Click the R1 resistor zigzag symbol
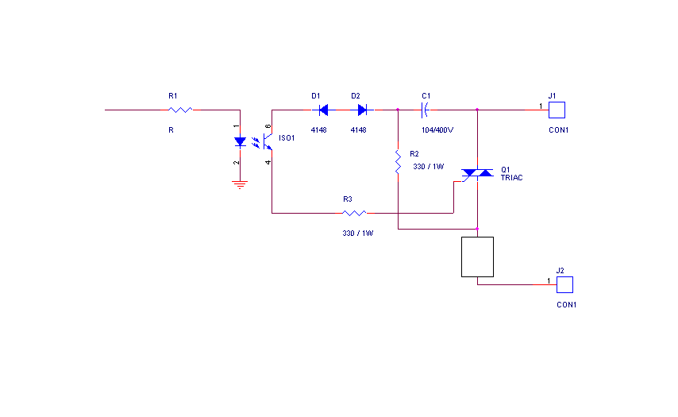[x=180, y=110]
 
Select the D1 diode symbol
[x=321, y=110]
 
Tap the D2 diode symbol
[x=361, y=110]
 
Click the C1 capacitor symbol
[x=425, y=110]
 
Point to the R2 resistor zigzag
[x=397, y=163]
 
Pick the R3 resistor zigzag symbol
[x=354, y=213]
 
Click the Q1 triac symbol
[x=476, y=173]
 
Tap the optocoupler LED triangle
[x=239, y=141]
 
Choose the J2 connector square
[x=564, y=284]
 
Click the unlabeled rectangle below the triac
[x=477, y=257]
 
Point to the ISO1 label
[x=287, y=138]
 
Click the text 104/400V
[x=437, y=129]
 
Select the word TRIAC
[x=512, y=178]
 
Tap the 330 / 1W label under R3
[x=357, y=234]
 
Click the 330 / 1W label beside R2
[x=429, y=167]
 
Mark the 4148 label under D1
[x=318, y=129]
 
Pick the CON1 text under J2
[x=566, y=305]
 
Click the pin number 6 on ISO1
[x=268, y=126]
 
